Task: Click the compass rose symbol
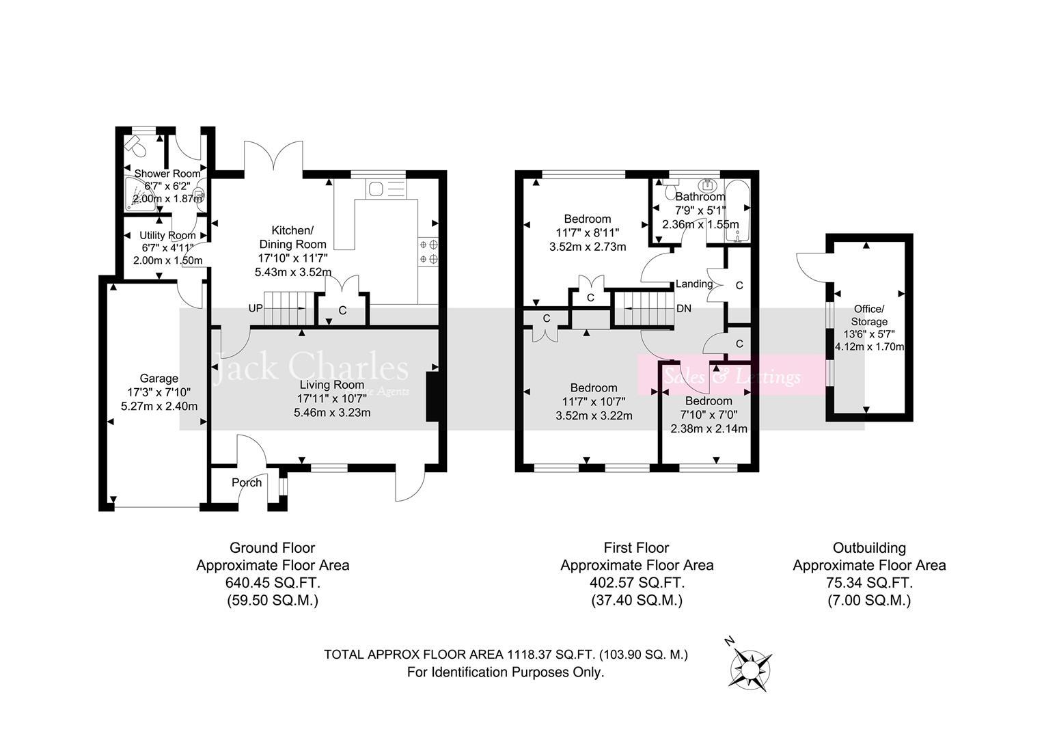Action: (751, 666)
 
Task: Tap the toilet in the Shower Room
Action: (135, 146)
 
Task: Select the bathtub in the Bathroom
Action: (738, 212)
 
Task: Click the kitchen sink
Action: (376, 188)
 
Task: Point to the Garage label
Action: (159, 379)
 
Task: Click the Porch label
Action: (247, 482)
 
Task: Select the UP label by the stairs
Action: (256, 308)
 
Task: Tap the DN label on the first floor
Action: (683, 308)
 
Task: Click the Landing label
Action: (693, 284)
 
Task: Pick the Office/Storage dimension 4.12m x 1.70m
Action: (869, 346)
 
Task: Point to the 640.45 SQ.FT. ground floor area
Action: (273, 583)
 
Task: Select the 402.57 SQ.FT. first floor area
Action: (637, 583)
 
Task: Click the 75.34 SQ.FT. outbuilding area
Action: (869, 583)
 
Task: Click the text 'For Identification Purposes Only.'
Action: (506, 672)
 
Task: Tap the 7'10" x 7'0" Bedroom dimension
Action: (709, 415)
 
